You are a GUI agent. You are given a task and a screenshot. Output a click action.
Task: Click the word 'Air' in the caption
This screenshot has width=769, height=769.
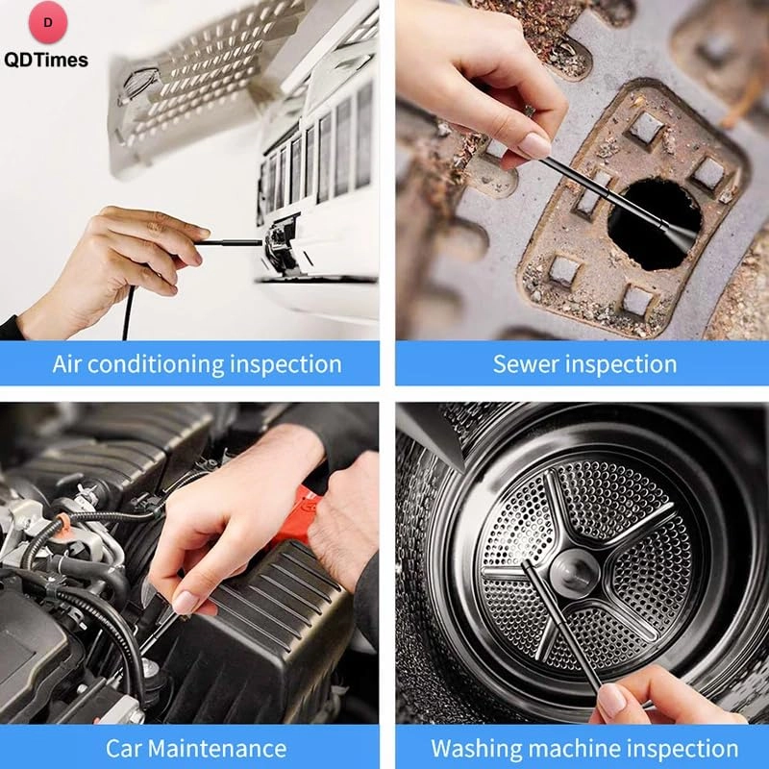pos(68,364)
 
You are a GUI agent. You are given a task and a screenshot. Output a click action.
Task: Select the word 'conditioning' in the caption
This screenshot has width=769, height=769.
pos(155,364)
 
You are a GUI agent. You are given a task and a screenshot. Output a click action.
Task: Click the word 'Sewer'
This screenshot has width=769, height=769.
pos(525,364)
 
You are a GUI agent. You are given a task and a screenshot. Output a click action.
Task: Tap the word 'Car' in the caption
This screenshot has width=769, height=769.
pos(125,748)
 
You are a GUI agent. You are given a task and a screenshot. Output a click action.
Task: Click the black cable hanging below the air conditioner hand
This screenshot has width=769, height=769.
pos(128,312)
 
